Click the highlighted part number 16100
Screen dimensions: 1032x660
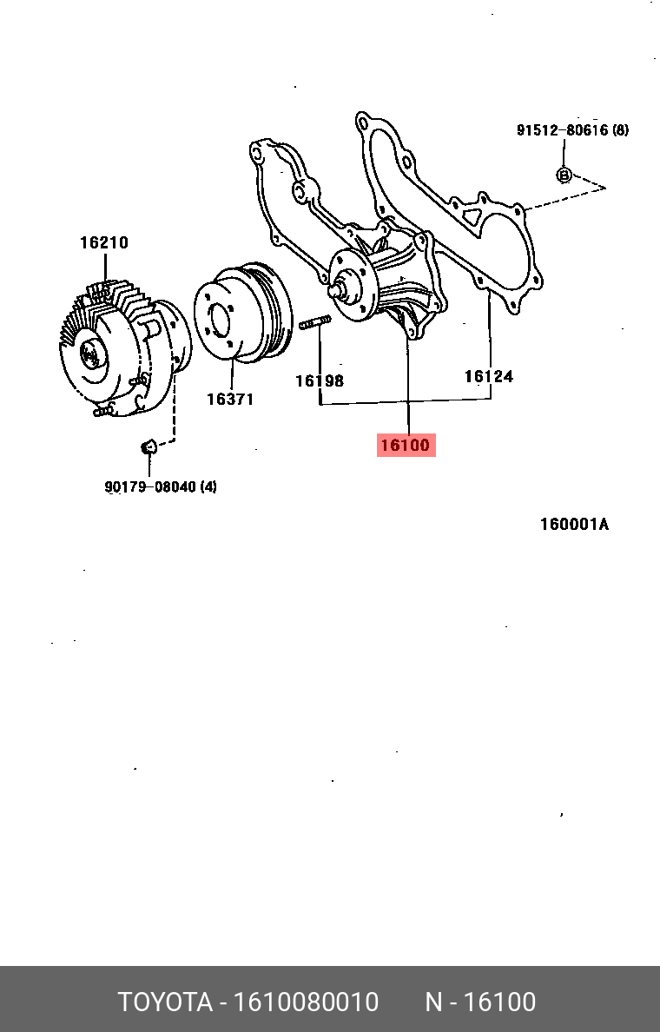(x=406, y=446)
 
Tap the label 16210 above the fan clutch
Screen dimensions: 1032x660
(x=104, y=242)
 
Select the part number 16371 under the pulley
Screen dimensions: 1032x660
(x=229, y=399)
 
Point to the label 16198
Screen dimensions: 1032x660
(x=319, y=380)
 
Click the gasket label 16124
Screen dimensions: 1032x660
(x=488, y=376)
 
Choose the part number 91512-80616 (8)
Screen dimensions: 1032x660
(x=572, y=130)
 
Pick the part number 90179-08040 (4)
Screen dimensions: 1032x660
(x=161, y=486)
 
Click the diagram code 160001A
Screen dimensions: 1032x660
(x=574, y=524)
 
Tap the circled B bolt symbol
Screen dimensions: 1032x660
(x=564, y=175)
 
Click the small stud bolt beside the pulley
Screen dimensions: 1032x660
(x=314, y=325)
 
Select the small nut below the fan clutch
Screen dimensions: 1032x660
(x=148, y=447)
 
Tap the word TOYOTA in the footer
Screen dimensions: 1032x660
(x=165, y=1002)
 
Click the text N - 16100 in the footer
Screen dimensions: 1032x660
(x=479, y=1002)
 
